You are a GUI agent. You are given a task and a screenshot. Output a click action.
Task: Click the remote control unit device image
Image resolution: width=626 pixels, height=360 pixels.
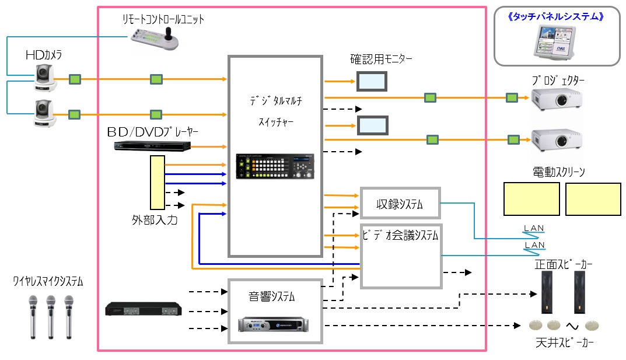click(x=154, y=40)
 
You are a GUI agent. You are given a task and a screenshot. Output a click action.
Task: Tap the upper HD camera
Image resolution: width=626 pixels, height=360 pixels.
click(x=46, y=78)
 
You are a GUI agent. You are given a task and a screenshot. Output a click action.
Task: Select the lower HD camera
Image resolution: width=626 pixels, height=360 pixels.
click(x=46, y=112)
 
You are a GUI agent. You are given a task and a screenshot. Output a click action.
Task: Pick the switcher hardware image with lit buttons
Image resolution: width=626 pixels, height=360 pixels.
click(x=275, y=167)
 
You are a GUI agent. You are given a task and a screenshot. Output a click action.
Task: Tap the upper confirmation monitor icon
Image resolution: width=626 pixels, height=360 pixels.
click(x=372, y=81)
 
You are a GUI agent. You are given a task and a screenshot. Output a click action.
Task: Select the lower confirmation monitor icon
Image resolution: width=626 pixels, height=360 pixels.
click(x=372, y=125)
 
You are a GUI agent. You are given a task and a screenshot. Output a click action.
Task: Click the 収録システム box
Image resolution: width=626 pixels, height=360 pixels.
click(x=400, y=204)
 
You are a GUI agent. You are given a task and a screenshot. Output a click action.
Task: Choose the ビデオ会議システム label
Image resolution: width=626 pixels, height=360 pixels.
click(x=400, y=236)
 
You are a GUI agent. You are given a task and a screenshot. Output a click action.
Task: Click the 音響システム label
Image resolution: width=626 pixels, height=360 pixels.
click(x=271, y=296)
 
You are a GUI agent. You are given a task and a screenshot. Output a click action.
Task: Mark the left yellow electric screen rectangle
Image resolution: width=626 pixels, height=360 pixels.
click(x=531, y=199)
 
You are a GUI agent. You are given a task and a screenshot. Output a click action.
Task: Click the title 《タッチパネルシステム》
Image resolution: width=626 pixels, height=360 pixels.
click(x=556, y=17)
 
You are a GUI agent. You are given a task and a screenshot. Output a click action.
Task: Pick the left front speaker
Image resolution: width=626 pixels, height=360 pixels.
click(x=547, y=292)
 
